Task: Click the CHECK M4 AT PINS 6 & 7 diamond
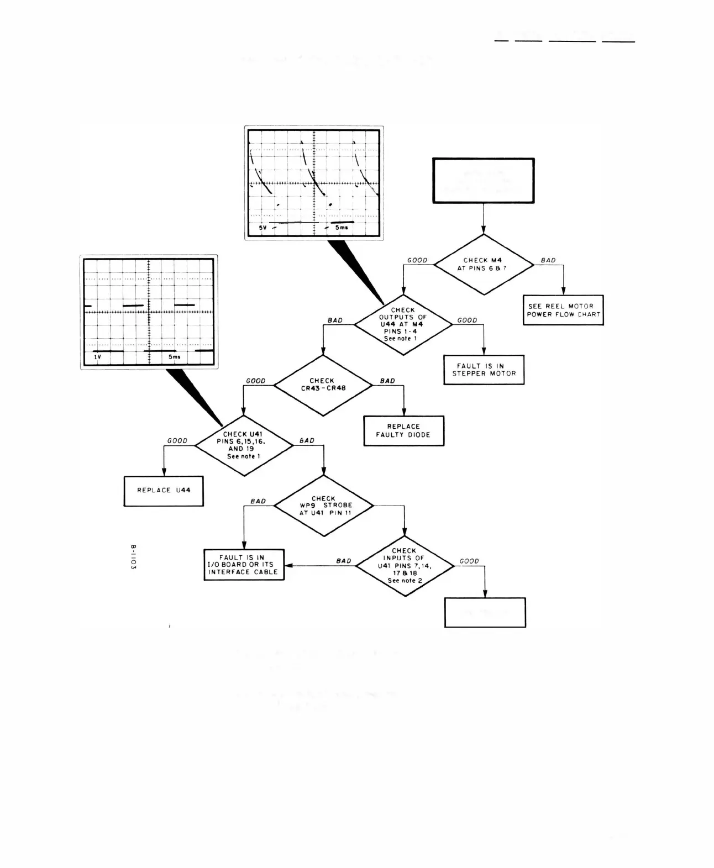click(x=484, y=265)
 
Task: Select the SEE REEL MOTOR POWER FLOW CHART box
click(x=563, y=310)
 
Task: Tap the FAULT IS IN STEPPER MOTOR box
click(x=484, y=370)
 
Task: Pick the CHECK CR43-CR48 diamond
click(x=323, y=385)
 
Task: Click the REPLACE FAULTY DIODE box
click(x=403, y=430)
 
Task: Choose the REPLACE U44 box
click(x=164, y=491)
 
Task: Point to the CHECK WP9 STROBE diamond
click(x=324, y=506)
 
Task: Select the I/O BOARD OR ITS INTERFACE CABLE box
click(x=244, y=565)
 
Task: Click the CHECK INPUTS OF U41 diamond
click(x=405, y=566)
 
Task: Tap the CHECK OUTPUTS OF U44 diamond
click(x=403, y=324)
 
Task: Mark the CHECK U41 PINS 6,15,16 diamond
click(x=244, y=445)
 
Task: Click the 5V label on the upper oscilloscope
click(x=263, y=228)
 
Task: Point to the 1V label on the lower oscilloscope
click(x=97, y=357)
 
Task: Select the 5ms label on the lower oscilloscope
click(x=175, y=357)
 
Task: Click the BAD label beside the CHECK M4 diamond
click(x=548, y=260)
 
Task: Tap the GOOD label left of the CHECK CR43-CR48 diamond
click(x=256, y=381)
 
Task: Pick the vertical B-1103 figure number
click(x=133, y=557)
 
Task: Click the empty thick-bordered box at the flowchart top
click(x=484, y=181)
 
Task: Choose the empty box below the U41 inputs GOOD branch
click(x=485, y=612)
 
